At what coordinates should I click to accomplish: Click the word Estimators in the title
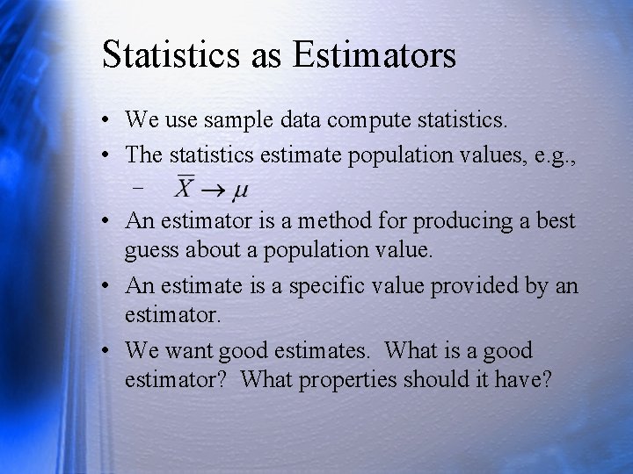tap(375, 54)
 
